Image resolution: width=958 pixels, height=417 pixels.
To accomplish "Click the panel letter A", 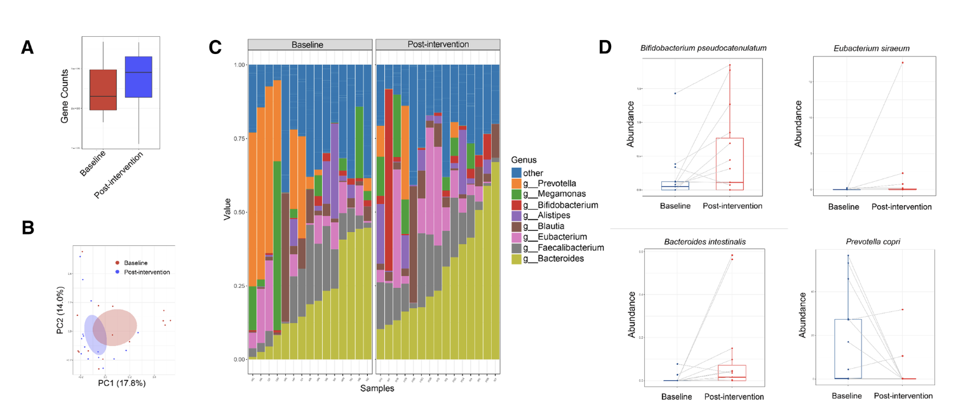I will pos(27,48).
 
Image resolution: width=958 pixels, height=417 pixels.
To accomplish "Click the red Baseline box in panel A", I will pos(104,90).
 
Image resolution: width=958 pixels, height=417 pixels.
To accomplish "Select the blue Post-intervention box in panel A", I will pos(138,77).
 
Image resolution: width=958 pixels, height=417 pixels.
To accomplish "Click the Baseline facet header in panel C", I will pos(309,44).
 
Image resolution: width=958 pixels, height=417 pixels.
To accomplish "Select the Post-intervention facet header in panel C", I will pos(438,44).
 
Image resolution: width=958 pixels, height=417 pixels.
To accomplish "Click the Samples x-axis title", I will pos(377,388).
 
